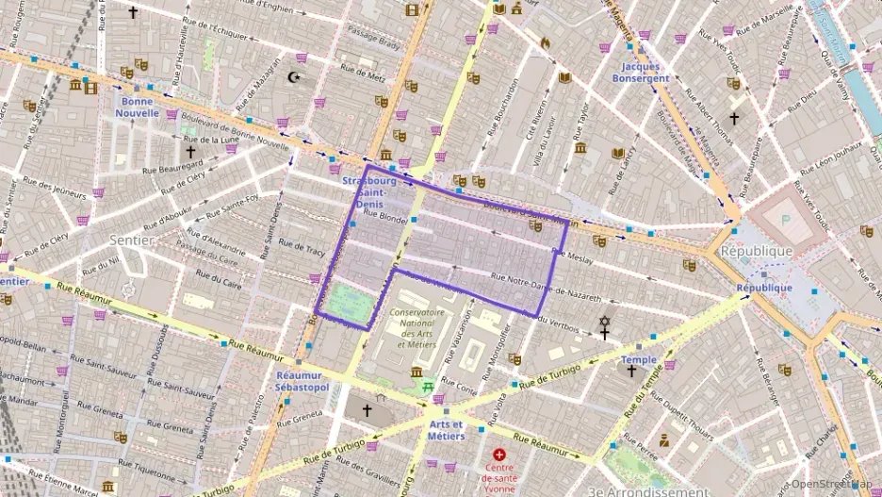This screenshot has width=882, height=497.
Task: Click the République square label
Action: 756,252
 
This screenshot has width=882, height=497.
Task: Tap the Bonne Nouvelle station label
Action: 137,107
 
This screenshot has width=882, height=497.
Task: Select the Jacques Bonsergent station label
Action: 645,73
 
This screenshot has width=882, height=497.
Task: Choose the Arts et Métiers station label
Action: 446,430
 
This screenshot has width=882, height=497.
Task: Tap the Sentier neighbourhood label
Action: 131,240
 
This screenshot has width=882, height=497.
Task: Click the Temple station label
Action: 638,359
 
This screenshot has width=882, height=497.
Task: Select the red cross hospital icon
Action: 498,455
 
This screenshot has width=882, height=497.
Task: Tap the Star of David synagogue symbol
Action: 604,322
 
